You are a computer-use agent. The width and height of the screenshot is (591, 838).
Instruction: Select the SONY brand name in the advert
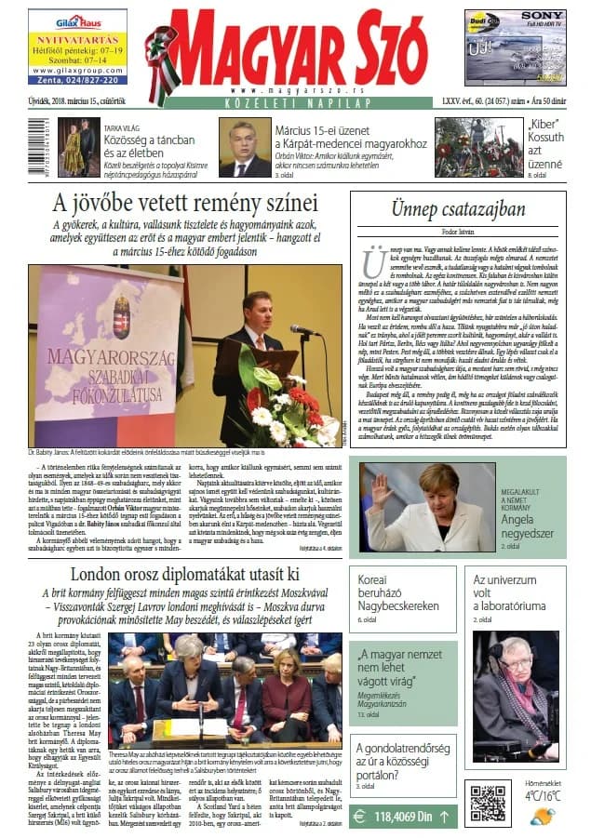(543, 16)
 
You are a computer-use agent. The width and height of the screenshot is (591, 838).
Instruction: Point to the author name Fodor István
(459, 229)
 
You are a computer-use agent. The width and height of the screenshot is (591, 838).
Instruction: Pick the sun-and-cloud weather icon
(543, 816)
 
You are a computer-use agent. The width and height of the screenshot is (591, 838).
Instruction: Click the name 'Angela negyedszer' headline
(529, 527)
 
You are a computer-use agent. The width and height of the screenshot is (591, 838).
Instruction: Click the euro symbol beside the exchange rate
(360, 816)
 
